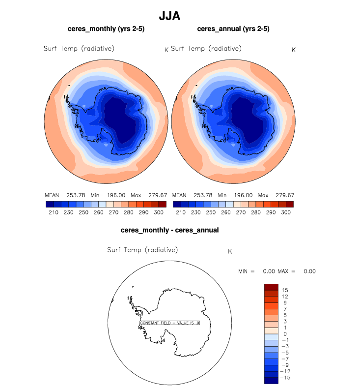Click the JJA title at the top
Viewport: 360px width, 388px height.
[x=170, y=16]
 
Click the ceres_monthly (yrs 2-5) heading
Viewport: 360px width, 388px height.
[x=106, y=30]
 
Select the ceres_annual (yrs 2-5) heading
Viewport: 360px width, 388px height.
[x=234, y=30]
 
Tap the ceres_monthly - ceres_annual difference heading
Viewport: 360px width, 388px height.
[x=170, y=230]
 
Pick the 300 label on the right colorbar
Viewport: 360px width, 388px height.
[x=286, y=212]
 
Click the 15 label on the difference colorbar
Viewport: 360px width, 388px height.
[x=285, y=290]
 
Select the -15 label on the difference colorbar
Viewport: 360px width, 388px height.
[x=286, y=378]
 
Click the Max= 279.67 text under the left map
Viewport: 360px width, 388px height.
[x=149, y=195]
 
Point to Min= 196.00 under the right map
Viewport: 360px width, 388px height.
[x=236, y=195]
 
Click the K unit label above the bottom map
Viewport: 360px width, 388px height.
[x=230, y=251]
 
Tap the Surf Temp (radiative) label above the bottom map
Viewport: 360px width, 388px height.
[x=142, y=250]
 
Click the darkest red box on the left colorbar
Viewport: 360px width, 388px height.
[x=163, y=204]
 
